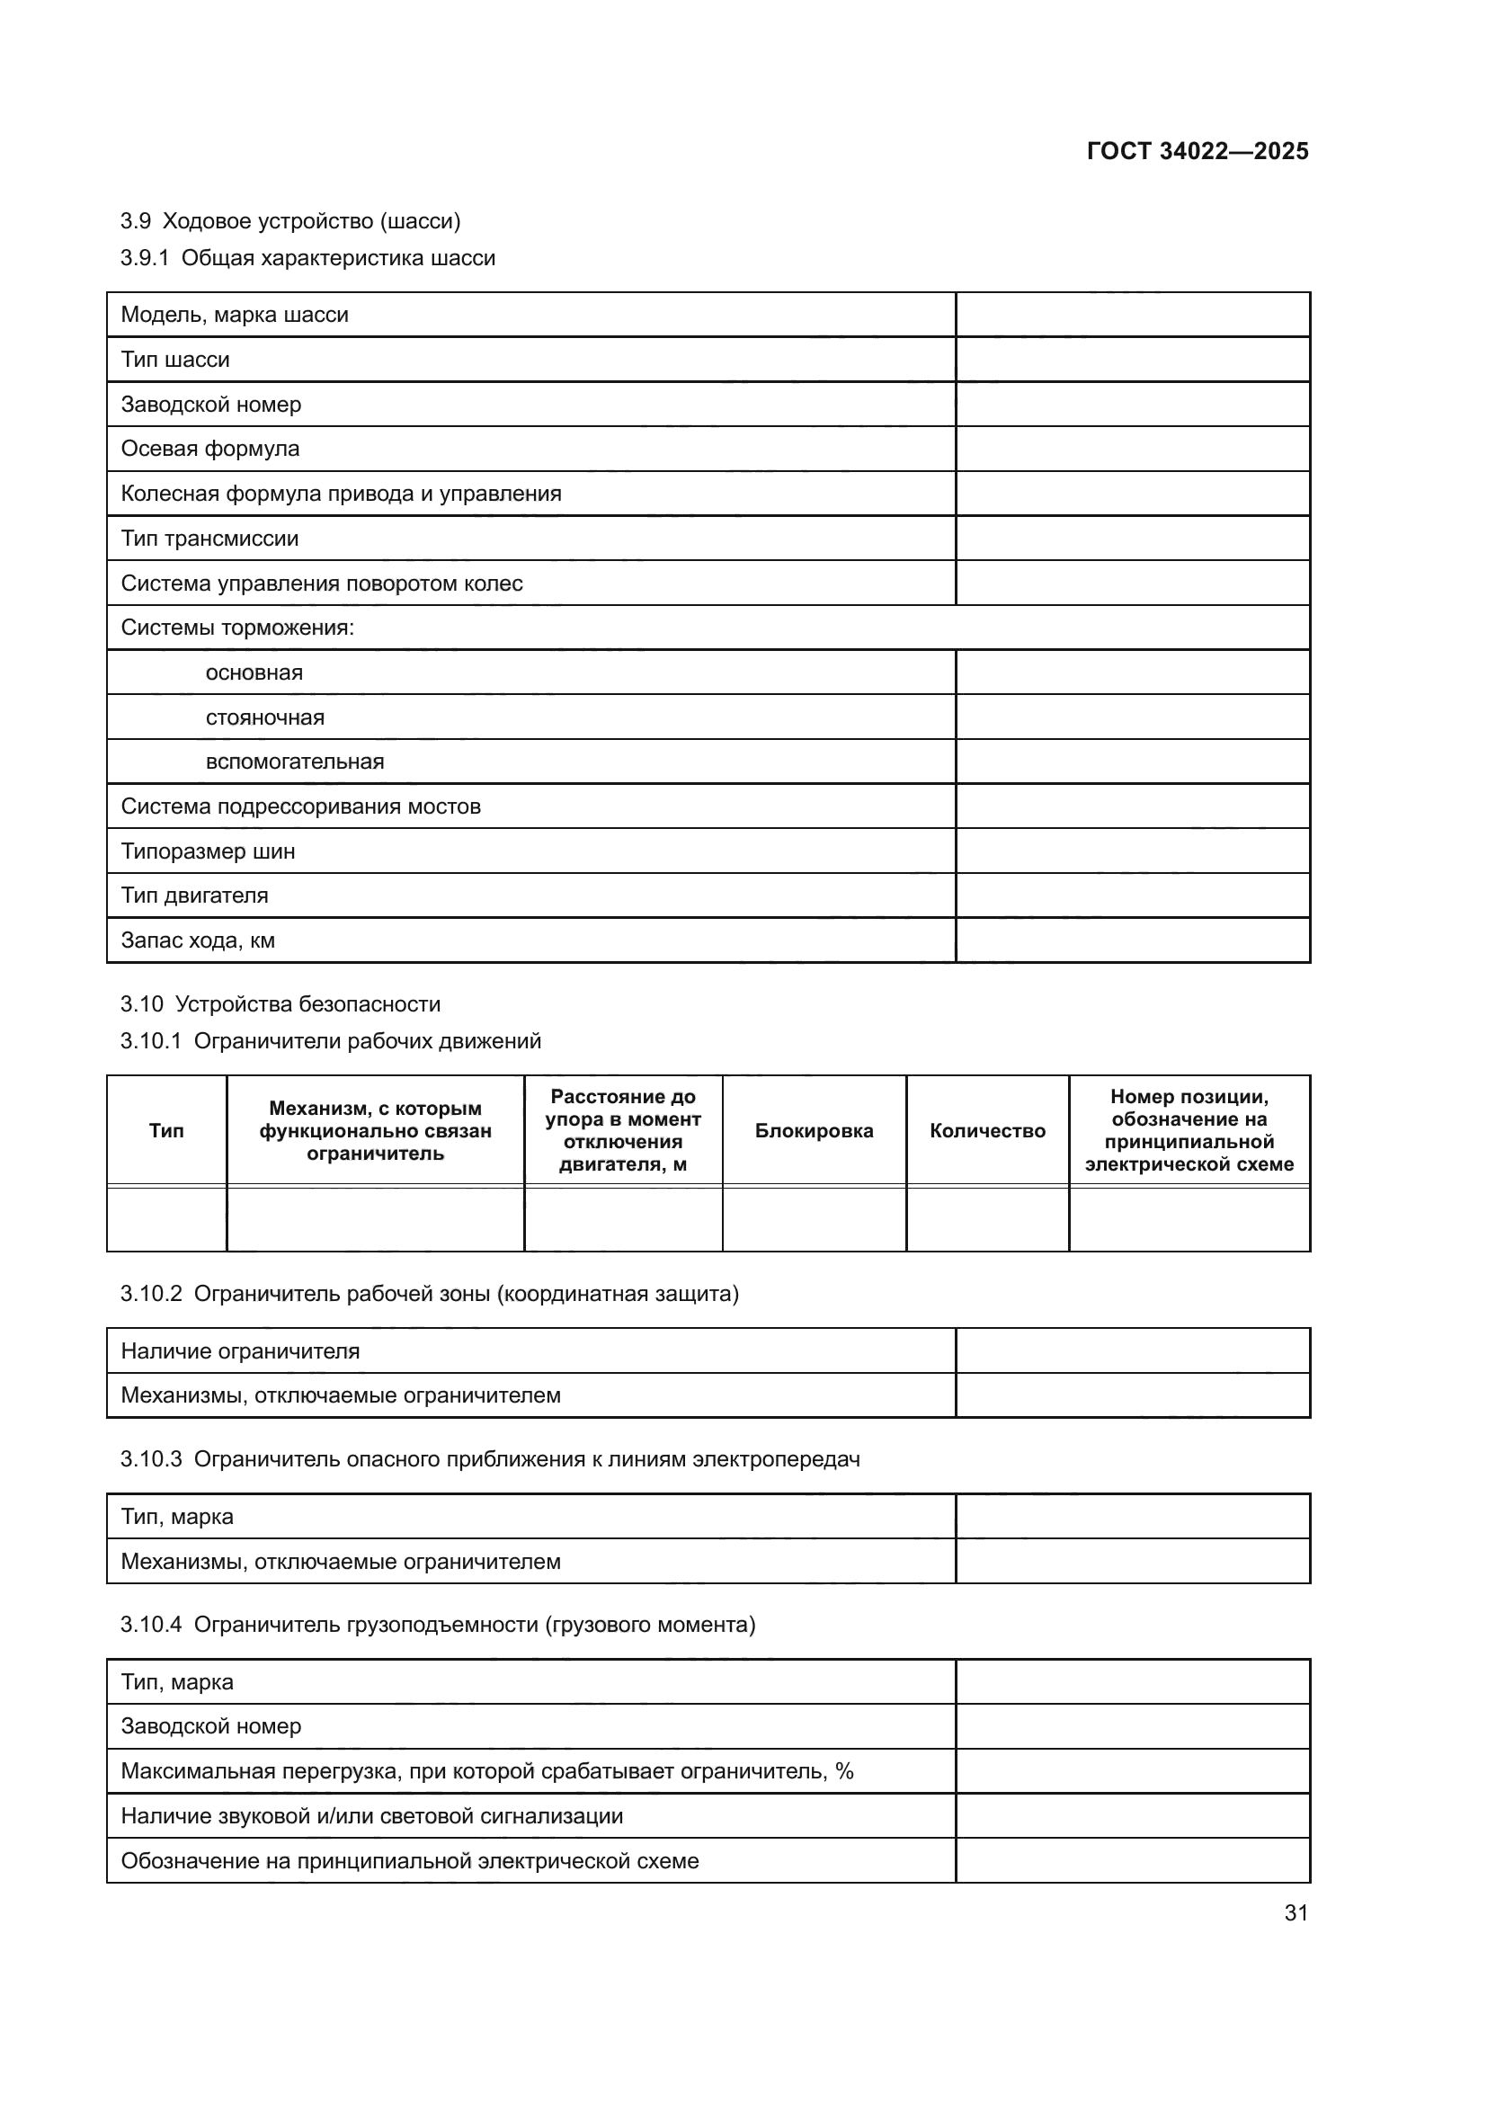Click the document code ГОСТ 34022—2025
(1197, 151)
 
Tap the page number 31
(1296, 1912)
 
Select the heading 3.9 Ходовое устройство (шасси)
(290, 221)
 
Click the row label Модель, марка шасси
(235, 314)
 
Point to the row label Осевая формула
(209, 449)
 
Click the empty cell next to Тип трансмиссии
(1132, 539)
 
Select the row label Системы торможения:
(237, 628)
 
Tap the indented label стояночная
(264, 717)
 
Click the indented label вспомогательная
(294, 762)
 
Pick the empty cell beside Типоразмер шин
(1132, 851)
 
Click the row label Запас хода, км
(198, 940)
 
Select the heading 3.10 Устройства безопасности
(280, 1004)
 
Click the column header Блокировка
(813, 1130)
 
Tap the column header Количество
(987, 1130)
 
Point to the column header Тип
(166, 1130)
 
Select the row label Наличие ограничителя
(240, 1351)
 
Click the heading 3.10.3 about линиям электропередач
(490, 1459)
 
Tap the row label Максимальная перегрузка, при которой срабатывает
(486, 1770)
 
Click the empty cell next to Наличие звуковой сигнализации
(1132, 1815)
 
